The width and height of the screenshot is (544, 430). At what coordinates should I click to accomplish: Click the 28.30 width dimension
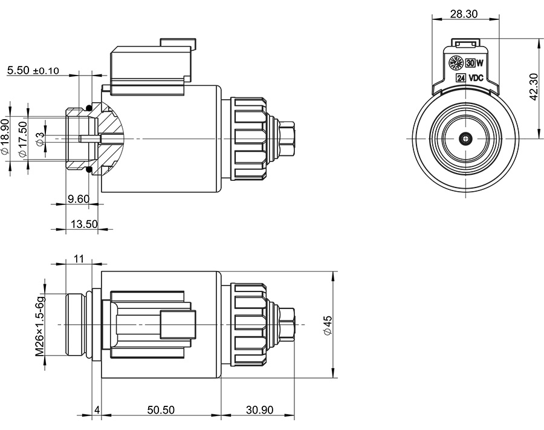pos(464,13)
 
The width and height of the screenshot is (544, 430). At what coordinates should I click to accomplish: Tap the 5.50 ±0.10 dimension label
pos(33,71)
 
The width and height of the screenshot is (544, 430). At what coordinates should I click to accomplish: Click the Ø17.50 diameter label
pos(23,139)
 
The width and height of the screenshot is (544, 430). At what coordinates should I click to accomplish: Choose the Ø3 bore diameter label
pos(40,139)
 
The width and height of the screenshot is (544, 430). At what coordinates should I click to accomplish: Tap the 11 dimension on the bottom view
pos(78,258)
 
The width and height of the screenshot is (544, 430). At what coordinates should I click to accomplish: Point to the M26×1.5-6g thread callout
pos(40,325)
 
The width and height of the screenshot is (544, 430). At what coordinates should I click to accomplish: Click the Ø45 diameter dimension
pos(327,325)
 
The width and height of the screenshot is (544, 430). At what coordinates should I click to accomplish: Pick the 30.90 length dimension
pos(259,409)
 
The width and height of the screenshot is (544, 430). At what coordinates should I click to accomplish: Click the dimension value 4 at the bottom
pos(97,409)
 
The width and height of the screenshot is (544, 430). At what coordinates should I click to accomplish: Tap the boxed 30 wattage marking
pos(470,64)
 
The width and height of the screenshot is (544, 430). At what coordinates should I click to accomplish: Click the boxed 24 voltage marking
pos(461,78)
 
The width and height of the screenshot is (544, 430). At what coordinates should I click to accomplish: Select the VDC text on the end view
pos(476,78)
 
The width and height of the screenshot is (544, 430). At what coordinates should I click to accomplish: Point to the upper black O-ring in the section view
pos(89,108)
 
